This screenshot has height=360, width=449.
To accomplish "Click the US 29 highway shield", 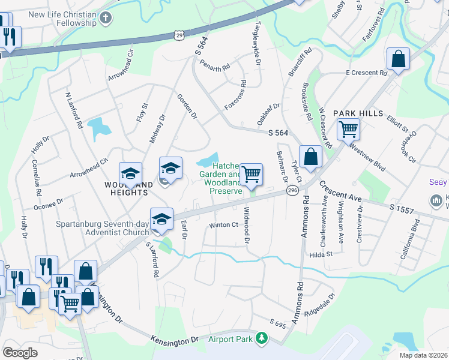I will click(179, 36).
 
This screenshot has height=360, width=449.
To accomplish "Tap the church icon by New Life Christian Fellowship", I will click(106, 18).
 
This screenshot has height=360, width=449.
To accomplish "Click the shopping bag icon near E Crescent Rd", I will click(398, 60).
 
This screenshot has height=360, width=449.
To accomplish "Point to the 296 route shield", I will click(292, 190).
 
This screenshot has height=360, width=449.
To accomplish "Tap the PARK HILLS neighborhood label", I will click(358, 113).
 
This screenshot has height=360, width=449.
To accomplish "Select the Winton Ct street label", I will click(223, 226).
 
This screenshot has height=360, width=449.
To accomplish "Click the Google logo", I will click(20, 353).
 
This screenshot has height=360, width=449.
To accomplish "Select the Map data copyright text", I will click(423, 355).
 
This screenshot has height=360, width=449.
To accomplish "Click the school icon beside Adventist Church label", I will click(161, 221).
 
